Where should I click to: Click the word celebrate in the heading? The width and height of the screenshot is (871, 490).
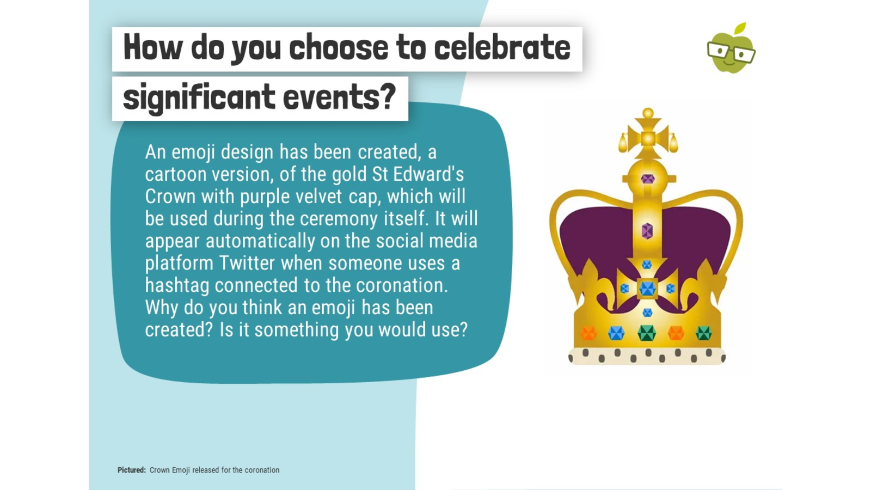click(502, 47)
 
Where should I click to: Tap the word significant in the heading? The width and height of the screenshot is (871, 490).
click(199, 97)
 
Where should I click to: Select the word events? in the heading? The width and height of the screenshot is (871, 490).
click(340, 97)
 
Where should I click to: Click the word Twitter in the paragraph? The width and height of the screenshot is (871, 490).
click(247, 263)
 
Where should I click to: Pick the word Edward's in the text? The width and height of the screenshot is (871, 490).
click(428, 174)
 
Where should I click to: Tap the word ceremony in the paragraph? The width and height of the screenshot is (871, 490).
click(338, 219)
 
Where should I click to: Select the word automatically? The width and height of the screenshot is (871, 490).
click(260, 242)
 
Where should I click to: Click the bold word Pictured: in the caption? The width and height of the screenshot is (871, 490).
click(131, 470)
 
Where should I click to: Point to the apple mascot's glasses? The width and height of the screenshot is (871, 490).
click(731, 52)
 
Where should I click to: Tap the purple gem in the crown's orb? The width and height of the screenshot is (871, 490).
click(647, 179)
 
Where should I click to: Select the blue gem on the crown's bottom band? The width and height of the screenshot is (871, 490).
click(616, 333)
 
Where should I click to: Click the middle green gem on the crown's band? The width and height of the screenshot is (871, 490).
click(647, 333)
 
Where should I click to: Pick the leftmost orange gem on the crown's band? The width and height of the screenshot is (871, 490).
click(588, 333)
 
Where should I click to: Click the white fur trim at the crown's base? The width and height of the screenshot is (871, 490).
click(647, 356)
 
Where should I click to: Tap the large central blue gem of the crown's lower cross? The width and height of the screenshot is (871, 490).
click(647, 289)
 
